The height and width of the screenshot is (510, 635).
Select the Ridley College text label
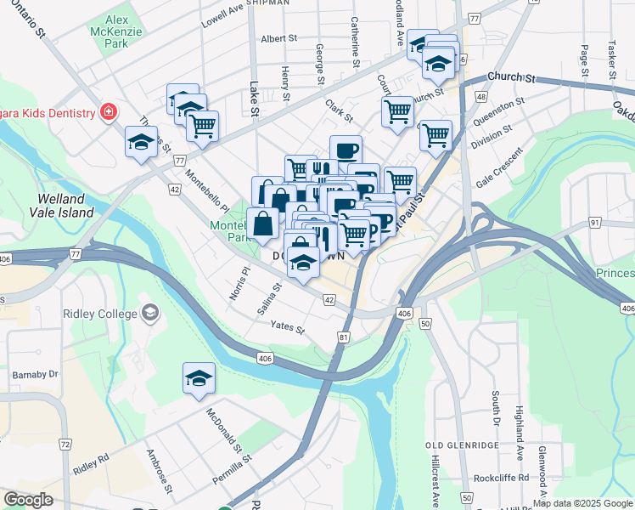(x=100, y=314)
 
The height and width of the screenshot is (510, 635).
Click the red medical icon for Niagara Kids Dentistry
(x=108, y=112)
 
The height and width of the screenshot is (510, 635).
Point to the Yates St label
(x=287, y=326)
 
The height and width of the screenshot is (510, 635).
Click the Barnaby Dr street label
(x=35, y=374)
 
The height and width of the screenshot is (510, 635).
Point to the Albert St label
(x=279, y=38)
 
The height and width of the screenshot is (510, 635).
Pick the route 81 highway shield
(x=343, y=338)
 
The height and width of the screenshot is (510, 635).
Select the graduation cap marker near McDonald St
(x=199, y=378)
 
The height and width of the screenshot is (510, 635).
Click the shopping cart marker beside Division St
(x=436, y=135)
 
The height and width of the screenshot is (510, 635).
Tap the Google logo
(x=29, y=499)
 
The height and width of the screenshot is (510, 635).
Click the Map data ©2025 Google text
(x=583, y=503)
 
